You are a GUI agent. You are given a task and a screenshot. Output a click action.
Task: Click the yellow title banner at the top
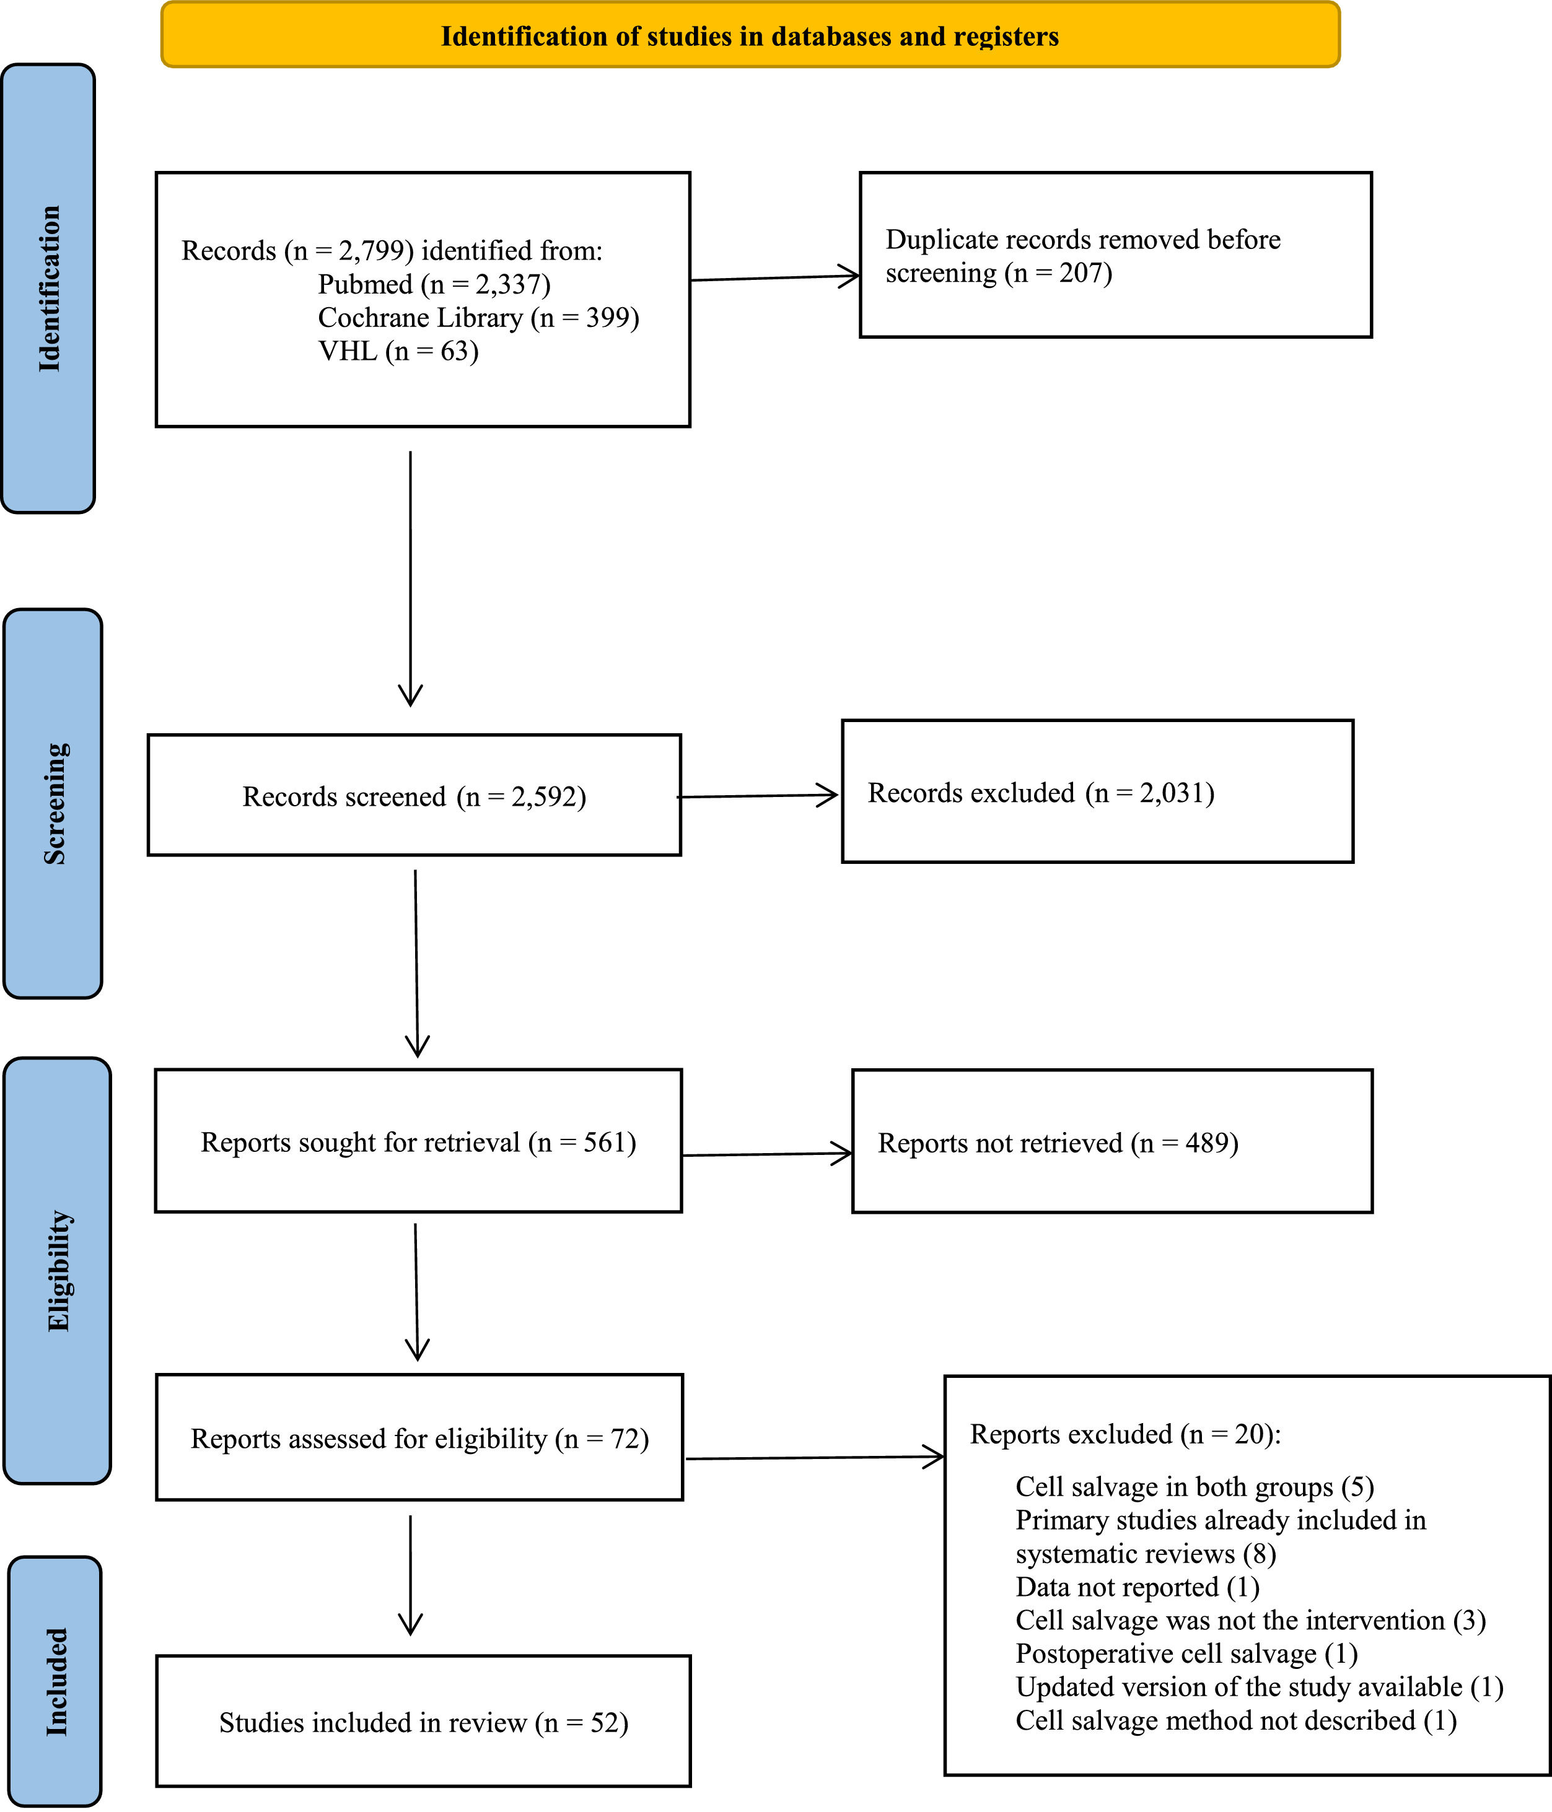(x=750, y=35)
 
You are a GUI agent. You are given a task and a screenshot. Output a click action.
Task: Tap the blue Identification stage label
(x=48, y=289)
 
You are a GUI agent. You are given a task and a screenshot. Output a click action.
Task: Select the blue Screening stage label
(x=53, y=804)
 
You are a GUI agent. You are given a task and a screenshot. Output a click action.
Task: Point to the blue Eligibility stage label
(x=57, y=1271)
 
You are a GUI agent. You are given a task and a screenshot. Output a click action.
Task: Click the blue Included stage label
(x=55, y=1681)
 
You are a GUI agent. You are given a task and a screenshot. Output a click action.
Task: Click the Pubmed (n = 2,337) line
(x=434, y=284)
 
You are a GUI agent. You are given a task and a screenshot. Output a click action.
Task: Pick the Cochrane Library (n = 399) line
(x=478, y=318)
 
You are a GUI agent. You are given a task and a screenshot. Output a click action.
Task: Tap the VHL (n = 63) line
(x=398, y=351)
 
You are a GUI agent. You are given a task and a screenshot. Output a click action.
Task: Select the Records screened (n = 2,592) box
(x=414, y=795)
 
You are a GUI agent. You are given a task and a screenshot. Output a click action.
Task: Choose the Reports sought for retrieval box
(x=418, y=1140)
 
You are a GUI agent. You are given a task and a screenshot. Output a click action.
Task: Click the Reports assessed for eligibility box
(x=419, y=1438)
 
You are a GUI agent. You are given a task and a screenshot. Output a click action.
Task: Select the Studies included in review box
(x=423, y=1721)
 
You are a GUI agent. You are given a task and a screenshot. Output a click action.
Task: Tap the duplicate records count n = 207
(x=1059, y=274)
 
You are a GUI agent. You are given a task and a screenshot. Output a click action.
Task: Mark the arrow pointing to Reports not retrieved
(x=767, y=1154)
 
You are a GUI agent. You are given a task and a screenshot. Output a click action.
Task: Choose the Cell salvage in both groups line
(x=1194, y=1487)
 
